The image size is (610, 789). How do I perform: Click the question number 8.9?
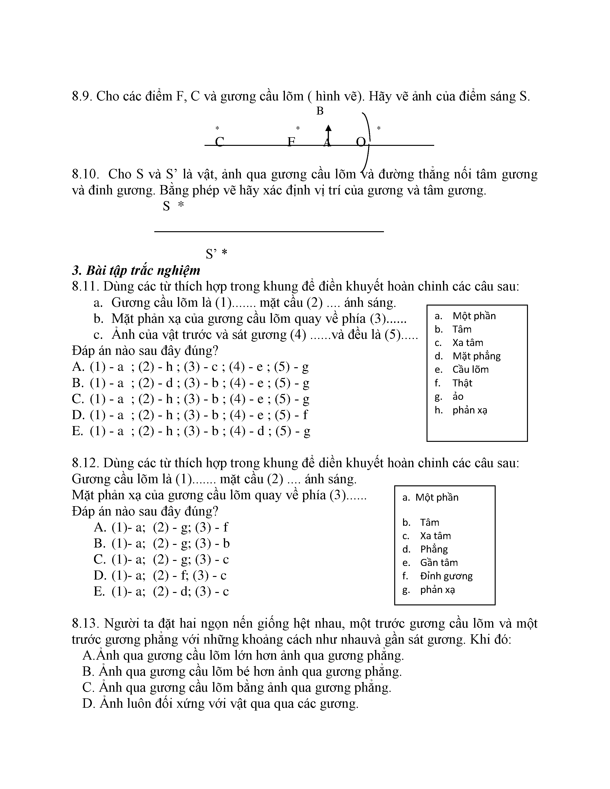click(x=82, y=96)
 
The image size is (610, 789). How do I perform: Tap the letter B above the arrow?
click(x=320, y=111)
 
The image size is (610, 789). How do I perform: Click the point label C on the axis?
click(x=219, y=142)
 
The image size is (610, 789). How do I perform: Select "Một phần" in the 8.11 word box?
click(x=474, y=316)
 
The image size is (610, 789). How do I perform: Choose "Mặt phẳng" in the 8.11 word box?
click(x=476, y=356)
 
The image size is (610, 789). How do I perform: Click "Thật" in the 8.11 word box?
click(x=462, y=383)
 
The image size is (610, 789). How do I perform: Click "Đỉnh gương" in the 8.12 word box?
click(x=446, y=576)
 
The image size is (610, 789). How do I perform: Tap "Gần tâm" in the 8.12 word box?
click(x=439, y=563)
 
